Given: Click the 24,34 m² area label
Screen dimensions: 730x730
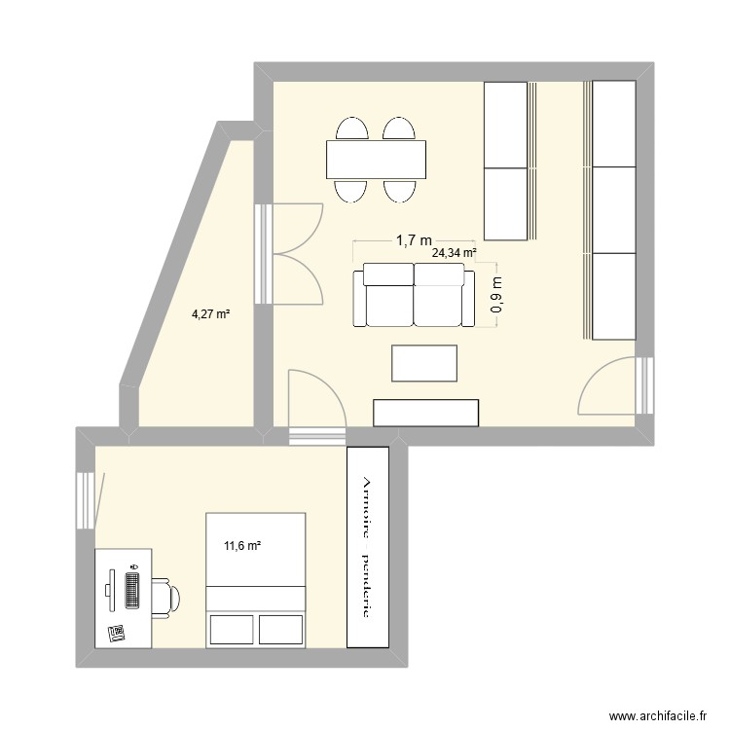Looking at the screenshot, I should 455,253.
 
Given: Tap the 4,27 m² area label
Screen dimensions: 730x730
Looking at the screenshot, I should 210,313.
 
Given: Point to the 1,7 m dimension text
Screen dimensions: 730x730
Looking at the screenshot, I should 414,238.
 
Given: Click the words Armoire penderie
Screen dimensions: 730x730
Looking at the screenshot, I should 368,548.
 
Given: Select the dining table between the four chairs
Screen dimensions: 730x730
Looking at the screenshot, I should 377,160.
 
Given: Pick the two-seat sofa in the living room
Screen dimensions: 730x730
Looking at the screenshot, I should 414,296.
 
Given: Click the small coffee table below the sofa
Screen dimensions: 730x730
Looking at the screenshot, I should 424,363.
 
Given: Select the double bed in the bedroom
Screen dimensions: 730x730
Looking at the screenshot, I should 256,579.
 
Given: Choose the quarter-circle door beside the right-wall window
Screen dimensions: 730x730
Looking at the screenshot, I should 608,389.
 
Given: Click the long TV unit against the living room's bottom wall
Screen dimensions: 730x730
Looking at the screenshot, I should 427,413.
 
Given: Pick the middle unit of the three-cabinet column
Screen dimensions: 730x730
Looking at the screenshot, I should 614,209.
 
